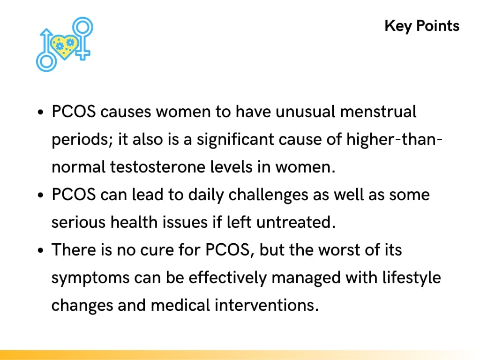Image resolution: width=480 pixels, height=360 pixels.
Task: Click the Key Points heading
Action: pyautogui.click(x=422, y=25)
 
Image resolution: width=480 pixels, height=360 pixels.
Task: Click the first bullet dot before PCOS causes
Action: pyautogui.click(x=41, y=113)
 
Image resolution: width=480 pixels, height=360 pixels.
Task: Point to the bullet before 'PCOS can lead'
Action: pyautogui.click(x=41, y=195)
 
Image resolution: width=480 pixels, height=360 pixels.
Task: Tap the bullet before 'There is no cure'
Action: pyautogui.click(x=41, y=251)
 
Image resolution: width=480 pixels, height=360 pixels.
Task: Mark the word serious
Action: pyautogui.click(x=78, y=222)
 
